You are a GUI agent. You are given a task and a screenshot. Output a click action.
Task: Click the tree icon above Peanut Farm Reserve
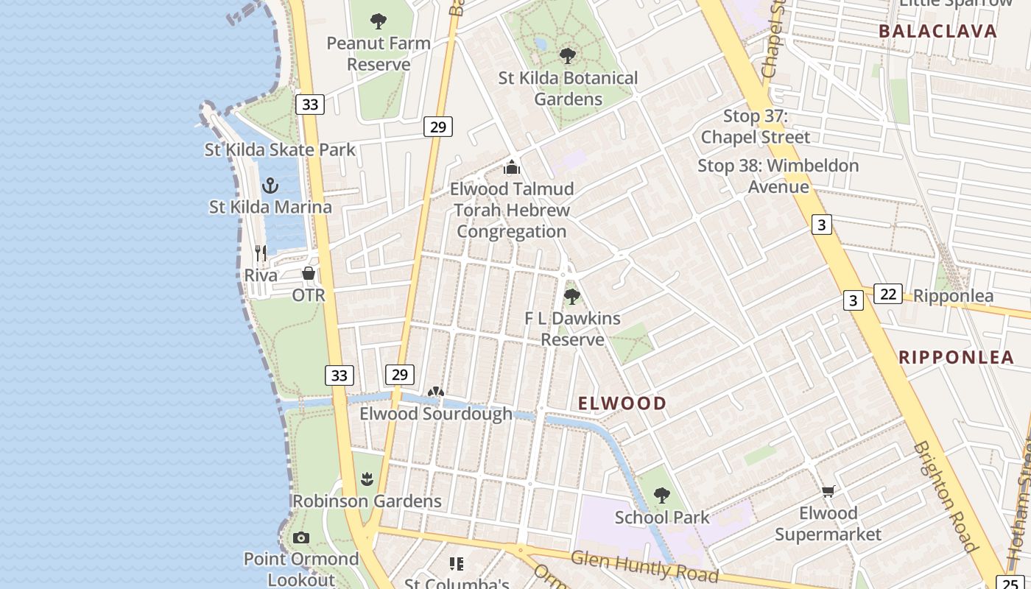coord(379,21)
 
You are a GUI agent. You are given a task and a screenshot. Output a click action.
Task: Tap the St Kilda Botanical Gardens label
coord(568,88)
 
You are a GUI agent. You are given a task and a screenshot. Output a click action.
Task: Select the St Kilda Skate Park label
coord(280,150)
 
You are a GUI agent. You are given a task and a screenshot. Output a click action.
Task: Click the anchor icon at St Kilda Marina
coord(270,185)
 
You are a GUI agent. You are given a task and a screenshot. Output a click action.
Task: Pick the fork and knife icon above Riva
coord(260,253)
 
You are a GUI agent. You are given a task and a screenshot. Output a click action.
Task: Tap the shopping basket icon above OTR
coord(309,273)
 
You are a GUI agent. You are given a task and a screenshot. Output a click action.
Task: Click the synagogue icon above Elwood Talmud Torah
coord(512,167)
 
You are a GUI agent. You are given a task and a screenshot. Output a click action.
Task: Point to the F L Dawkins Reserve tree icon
coord(571,297)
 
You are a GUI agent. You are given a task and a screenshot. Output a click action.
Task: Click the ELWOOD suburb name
coord(622,403)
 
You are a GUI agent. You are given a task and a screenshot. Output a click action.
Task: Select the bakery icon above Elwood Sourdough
coord(436,392)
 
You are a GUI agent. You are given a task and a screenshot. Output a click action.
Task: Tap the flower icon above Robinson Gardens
coord(367,480)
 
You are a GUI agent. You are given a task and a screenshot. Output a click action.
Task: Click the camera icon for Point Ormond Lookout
coord(301,538)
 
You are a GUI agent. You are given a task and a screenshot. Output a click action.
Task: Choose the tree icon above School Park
coord(662,495)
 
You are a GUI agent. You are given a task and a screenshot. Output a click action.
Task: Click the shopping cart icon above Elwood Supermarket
coord(828,491)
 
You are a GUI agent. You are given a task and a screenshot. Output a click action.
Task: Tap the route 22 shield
coord(888,294)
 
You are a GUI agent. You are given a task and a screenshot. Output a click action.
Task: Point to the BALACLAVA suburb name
coord(938,32)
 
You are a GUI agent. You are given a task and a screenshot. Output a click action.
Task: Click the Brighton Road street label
coord(947,496)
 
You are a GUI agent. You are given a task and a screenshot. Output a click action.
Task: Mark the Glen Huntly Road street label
coord(644,567)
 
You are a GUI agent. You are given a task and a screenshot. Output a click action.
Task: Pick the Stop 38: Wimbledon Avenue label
coord(778,176)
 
